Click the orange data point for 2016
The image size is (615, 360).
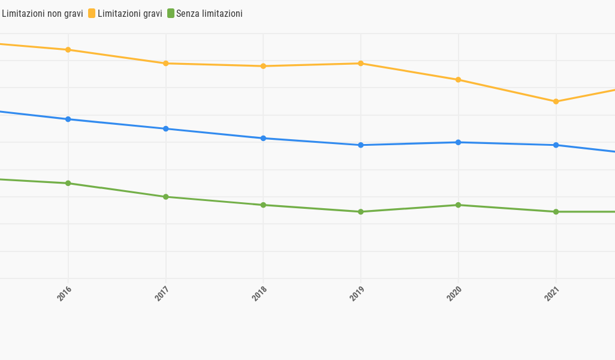click(68, 50)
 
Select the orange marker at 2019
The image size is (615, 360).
click(361, 64)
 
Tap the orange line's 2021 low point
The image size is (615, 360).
click(556, 101)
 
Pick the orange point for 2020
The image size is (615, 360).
click(459, 80)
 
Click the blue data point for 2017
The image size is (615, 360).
click(166, 129)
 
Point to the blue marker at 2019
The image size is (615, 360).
click(361, 145)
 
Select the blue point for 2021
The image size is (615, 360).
click(556, 145)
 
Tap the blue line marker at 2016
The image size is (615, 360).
click(68, 119)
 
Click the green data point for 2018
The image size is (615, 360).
click(263, 205)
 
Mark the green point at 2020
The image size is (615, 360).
click(459, 205)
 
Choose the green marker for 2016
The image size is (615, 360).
click(68, 184)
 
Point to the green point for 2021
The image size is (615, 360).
click(556, 212)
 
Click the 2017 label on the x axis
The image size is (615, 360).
click(162, 293)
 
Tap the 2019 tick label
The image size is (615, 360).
click(357, 293)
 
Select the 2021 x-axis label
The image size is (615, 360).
click(552, 293)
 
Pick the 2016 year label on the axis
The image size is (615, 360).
click(64, 293)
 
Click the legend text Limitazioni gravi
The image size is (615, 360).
click(129, 14)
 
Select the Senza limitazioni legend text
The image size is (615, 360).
click(209, 14)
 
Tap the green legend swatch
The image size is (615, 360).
click(170, 13)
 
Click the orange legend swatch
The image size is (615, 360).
click(92, 13)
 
